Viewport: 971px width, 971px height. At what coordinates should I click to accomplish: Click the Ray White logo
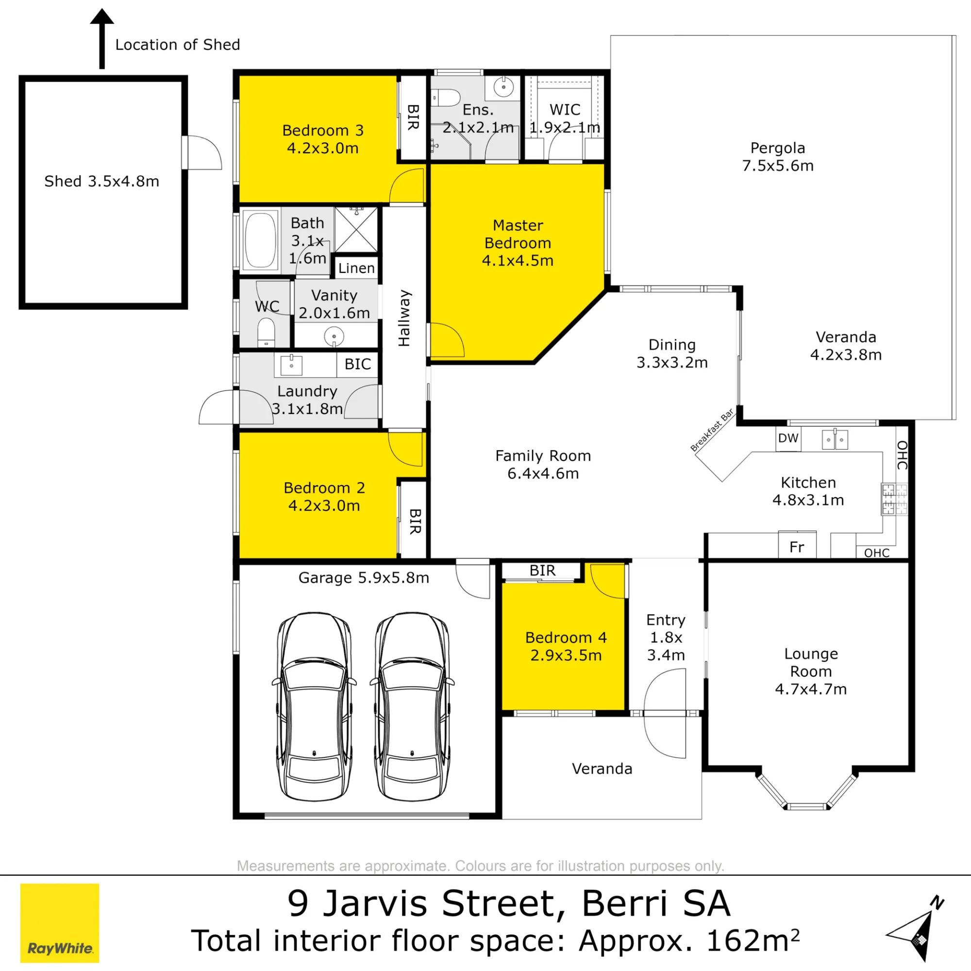coord(60,923)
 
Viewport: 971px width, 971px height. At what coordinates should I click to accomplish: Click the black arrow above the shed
coord(102,39)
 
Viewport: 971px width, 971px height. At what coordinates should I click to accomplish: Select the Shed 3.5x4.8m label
coord(101,181)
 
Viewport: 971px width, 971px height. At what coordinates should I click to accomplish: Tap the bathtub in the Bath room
coord(260,240)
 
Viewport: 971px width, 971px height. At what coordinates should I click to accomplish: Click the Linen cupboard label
coord(356,268)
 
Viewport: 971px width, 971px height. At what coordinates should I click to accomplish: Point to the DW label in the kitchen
coord(788,438)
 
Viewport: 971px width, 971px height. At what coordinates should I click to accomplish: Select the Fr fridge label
coord(797,547)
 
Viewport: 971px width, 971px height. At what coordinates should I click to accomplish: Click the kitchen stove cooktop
coord(895,499)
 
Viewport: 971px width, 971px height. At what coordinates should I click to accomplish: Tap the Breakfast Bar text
coord(712,430)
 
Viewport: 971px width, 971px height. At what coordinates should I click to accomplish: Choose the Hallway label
coord(404,318)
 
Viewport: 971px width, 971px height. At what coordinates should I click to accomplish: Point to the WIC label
coord(565,110)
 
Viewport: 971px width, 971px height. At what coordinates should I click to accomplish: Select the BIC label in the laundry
coord(357,364)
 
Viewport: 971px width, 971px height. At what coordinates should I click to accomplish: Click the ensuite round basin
coord(503,87)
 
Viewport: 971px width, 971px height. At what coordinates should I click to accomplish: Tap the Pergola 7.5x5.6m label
coord(778,157)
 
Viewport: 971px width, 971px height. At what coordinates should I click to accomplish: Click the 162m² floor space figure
coord(753,940)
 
